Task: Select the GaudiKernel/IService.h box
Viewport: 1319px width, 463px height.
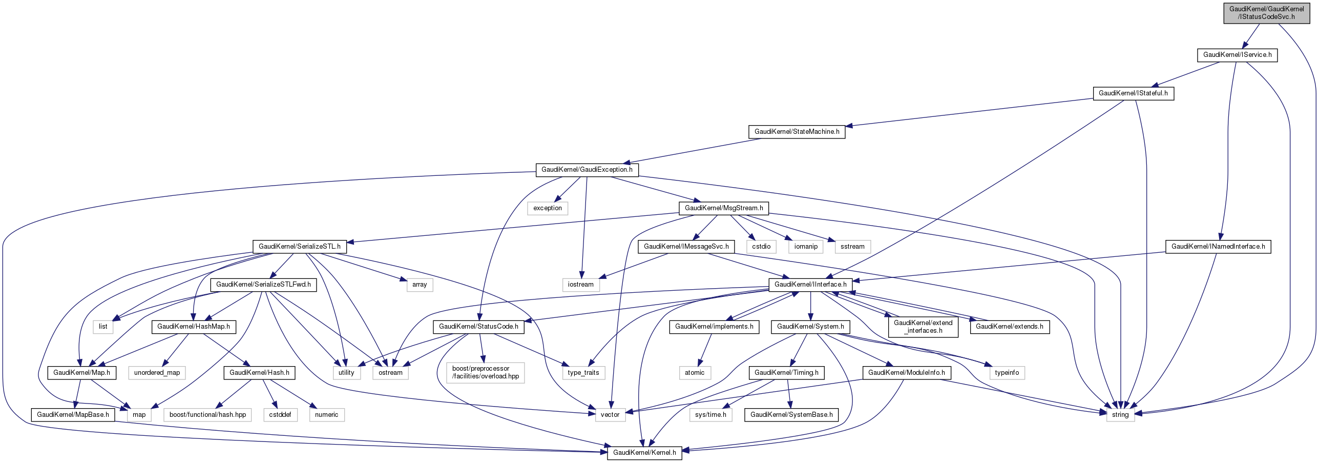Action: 1237,55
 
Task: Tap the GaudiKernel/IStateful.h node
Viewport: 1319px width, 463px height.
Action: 1133,93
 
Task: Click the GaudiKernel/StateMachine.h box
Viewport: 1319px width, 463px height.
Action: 797,132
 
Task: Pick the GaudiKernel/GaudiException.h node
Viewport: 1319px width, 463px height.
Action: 587,170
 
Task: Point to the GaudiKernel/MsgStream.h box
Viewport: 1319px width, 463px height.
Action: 723,208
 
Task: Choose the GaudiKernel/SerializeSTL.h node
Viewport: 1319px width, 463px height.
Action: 299,247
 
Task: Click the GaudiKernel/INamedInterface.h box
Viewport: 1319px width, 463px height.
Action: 1218,247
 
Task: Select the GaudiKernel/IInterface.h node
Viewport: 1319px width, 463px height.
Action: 810,285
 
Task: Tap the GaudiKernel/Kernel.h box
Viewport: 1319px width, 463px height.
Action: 644,453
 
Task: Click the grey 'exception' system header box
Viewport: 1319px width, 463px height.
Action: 547,208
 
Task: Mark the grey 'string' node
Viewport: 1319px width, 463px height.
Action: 1120,415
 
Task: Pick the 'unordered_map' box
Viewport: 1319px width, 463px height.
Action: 157,373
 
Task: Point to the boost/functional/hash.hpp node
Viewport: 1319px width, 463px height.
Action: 207,415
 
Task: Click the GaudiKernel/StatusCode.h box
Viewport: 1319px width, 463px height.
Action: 478,327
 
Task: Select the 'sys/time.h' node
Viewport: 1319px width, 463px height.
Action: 710,415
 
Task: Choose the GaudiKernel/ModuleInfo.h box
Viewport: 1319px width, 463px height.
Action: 906,373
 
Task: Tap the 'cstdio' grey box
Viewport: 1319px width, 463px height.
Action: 761,247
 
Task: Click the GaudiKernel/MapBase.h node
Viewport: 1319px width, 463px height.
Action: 72,415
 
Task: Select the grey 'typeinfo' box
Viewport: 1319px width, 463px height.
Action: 1007,373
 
